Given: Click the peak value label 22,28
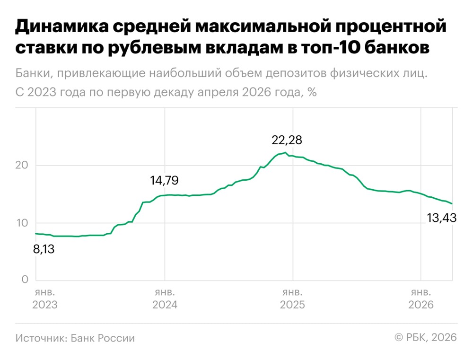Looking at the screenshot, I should pyautogui.click(x=286, y=140).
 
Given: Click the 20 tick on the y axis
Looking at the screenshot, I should pyautogui.click(x=22, y=165).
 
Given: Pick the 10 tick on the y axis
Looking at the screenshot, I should pyautogui.click(x=22, y=223).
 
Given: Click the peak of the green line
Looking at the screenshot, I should pyautogui.click(x=285, y=152).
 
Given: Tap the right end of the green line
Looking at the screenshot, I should pyautogui.click(x=452, y=203).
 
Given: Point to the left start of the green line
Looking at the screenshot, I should pyautogui.click(x=36, y=233).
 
